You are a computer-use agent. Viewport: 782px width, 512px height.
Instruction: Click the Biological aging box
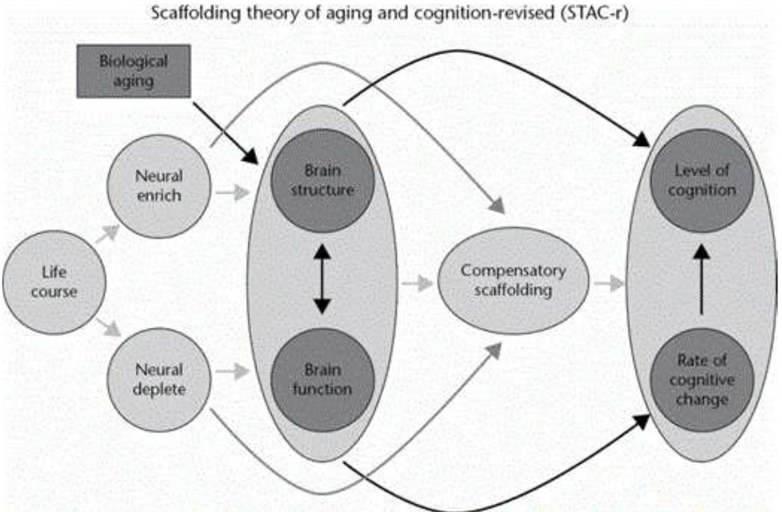133,71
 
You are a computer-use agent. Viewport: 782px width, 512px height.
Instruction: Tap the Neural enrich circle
159,185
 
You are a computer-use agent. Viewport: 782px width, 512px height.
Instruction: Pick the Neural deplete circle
159,379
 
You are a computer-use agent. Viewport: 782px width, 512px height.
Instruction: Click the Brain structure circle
323,181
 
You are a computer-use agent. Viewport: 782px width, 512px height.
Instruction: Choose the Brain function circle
323,380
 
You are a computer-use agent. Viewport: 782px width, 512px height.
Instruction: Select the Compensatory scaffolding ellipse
513,280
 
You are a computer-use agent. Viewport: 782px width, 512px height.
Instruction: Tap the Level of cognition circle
701,181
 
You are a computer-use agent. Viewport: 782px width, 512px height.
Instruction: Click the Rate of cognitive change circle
701,380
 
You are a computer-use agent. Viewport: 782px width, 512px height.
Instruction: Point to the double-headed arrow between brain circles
322,280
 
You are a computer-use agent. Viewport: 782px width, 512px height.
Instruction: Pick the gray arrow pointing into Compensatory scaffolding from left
416,283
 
